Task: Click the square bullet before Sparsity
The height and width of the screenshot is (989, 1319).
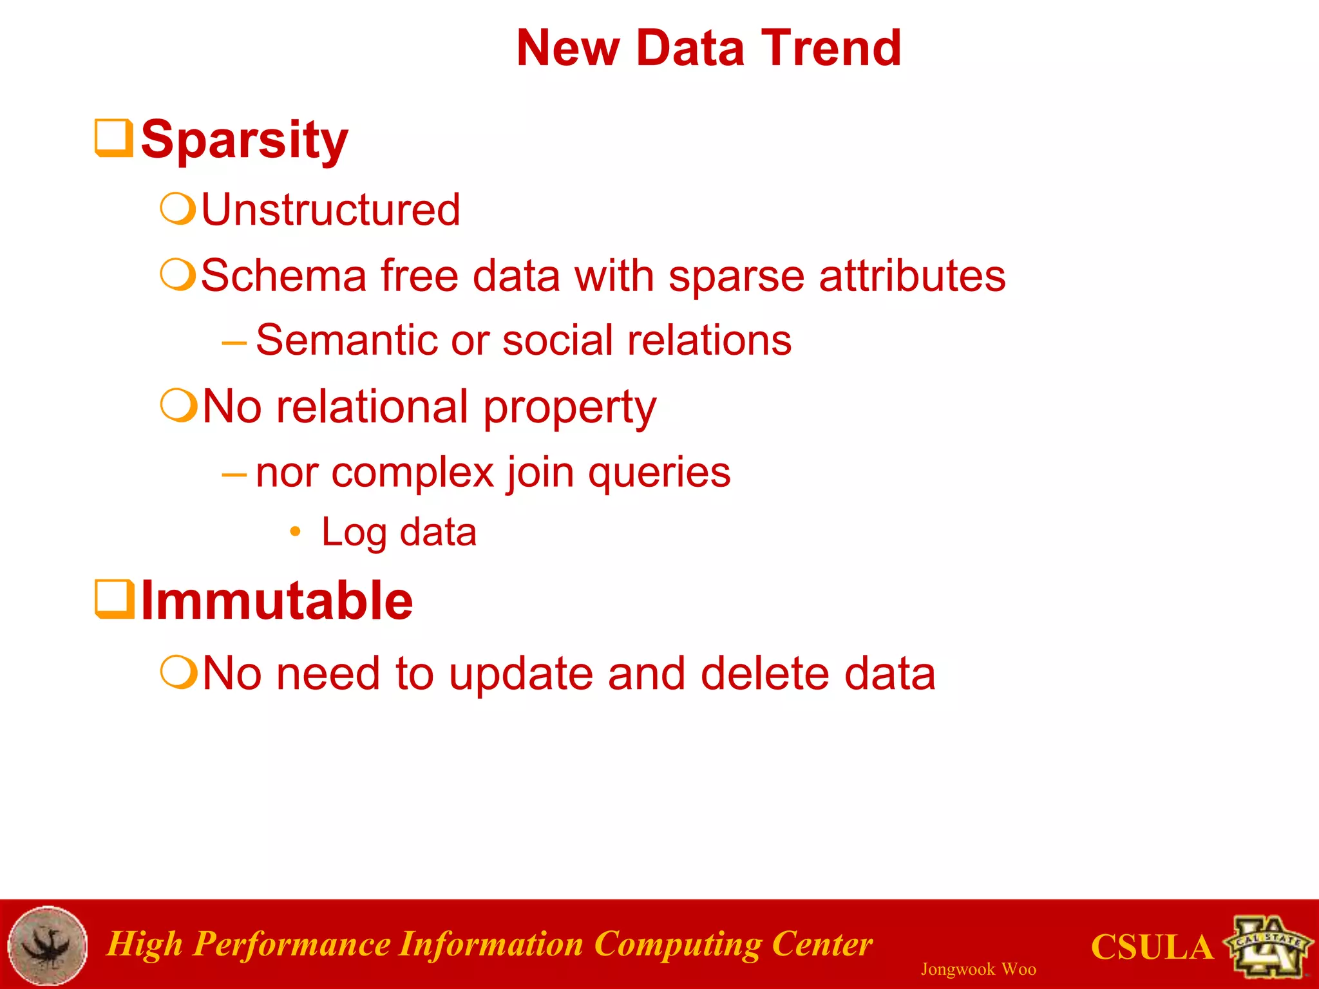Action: [x=114, y=137]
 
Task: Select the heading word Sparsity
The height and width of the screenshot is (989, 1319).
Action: [x=244, y=140]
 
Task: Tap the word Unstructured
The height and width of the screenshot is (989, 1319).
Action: [x=330, y=210]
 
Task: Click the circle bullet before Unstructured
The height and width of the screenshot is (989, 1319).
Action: [x=177, y=209]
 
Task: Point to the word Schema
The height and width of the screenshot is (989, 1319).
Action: [x=283, y=276]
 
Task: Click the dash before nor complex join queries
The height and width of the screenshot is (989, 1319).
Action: [x=233, y=475]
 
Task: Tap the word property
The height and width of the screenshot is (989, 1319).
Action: [x=569, y=408]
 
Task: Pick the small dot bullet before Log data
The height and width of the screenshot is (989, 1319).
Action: [x=295, y=531]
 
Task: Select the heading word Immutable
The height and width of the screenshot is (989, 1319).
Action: [x=276, y=601]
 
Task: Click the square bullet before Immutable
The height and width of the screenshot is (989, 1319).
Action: [x=114, y=599]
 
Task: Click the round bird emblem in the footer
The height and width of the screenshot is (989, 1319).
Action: [x=48, y=945]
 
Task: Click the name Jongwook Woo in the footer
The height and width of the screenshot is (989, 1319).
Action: [x=978, y=969]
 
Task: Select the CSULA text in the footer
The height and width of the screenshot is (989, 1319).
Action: [x=1152, y=947]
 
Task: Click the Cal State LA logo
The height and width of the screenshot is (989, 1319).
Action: [x=1269, y=945]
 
